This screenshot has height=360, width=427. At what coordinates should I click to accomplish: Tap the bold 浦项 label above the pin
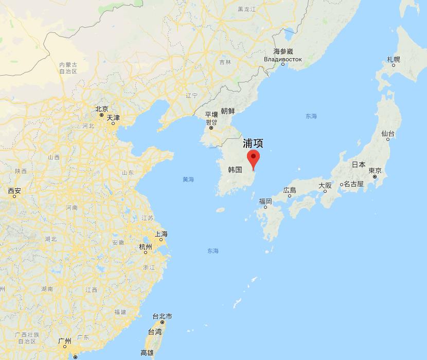[253, 143]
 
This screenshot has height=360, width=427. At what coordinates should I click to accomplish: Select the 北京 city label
[102, 109]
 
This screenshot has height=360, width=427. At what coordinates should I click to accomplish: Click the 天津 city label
[113, 118]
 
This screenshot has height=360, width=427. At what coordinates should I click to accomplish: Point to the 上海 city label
[162, 234]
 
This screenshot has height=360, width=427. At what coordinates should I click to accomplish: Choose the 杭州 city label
[146, 247]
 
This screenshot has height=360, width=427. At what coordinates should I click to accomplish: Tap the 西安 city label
[14, 191]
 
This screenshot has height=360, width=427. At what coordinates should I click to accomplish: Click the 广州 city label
[65, 341]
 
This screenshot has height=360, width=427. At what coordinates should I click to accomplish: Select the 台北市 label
[162, 316]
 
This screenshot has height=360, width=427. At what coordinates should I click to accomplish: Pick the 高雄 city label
[147, 353]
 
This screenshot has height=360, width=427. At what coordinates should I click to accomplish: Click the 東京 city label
[375, 171]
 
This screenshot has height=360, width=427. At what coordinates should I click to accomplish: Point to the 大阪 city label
[325, 185]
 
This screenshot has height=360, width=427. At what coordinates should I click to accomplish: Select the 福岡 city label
[265, 201]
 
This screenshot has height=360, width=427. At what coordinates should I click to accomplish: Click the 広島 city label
[290, 190]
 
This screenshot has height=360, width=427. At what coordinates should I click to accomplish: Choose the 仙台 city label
[388, 134]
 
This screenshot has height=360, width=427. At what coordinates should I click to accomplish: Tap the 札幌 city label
[394, 60]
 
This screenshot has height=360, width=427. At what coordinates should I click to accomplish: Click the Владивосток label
[282, 59]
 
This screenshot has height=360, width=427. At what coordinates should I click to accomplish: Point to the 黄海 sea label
[188, 179]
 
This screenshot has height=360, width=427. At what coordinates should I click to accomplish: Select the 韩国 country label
[235, 169]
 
